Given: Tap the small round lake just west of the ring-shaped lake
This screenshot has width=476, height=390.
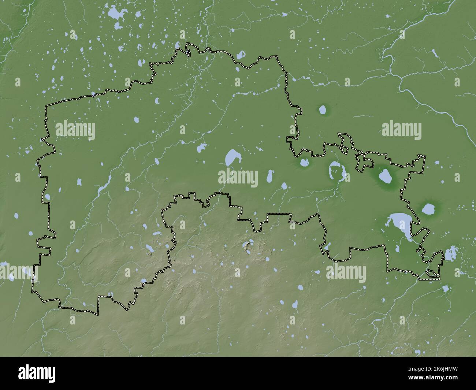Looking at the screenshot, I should pyautogui.click(x=304, y=163).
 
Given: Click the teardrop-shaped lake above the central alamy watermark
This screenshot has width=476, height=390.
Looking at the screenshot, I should pyautogui.click(x=231, y=157).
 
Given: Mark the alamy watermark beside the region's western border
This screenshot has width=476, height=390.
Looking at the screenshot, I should pyautogui.click(x=75, y=130).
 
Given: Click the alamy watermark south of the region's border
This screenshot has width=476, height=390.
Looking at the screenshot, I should pyautogui.click(x=346, y=273).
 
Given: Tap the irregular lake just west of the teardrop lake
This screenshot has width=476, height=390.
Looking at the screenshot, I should pyautogui.click(x=201, y=148).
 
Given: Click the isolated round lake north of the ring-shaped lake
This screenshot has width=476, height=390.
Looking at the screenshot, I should pyautogui.click(x=323, y=109).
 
